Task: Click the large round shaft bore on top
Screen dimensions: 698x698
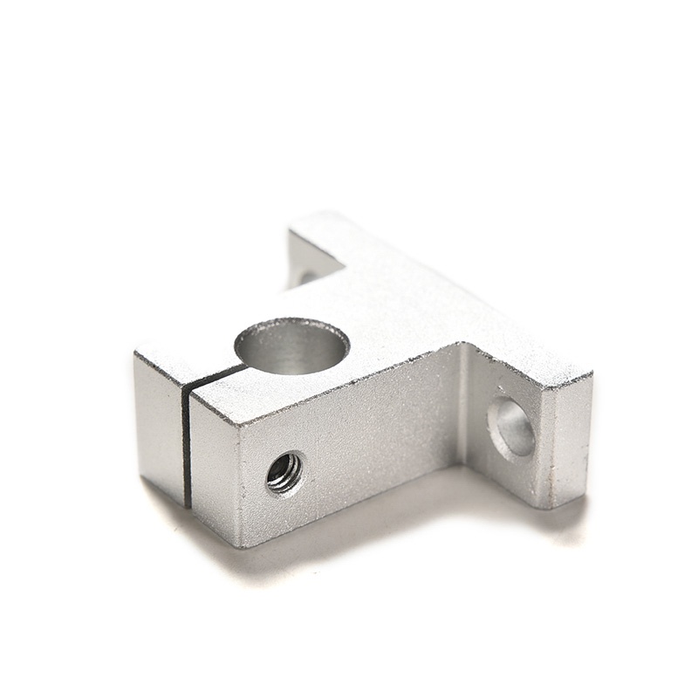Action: [292, 346]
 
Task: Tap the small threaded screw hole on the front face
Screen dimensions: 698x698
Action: [284, 472]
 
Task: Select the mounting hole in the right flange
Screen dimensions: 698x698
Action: [511, 427]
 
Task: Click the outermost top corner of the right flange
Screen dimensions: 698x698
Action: [592, 374]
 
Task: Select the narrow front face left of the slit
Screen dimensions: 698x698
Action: [160, 428]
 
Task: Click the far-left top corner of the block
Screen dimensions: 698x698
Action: [136, 353]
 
